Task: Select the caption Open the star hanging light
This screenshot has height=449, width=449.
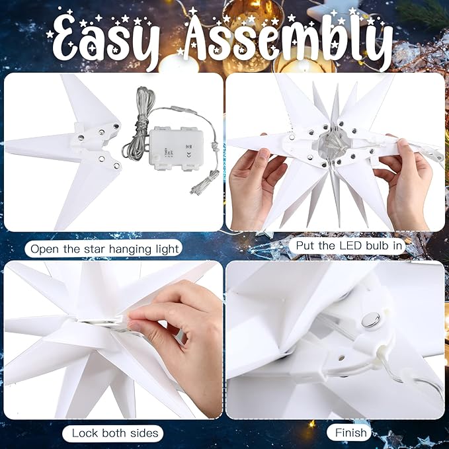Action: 104,249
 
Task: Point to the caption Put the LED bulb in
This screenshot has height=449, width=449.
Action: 348,246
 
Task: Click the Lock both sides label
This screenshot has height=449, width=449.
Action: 115,433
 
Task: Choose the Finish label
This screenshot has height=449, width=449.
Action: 350,432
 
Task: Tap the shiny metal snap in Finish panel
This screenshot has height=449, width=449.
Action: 370,320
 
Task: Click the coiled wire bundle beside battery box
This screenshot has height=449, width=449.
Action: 138,126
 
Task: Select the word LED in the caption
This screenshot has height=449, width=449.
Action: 350,246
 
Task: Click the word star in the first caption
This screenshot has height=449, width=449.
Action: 95,249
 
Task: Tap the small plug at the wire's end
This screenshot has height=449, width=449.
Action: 194,190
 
